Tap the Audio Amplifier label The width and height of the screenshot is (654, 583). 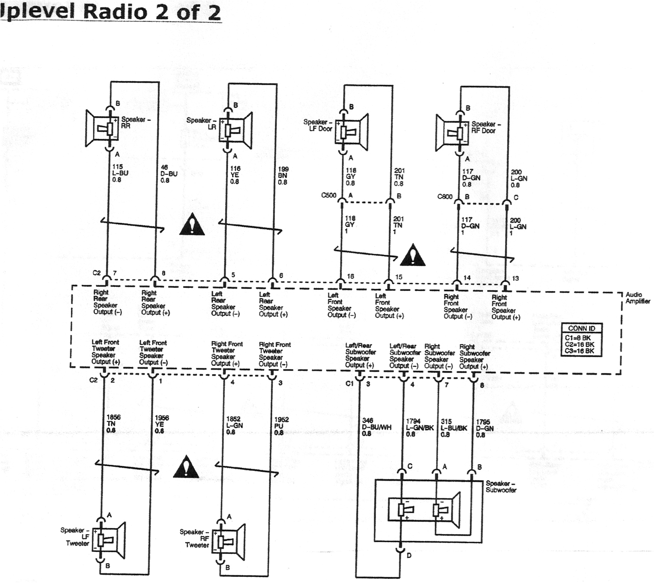pyautogui.click(x=638, y=298)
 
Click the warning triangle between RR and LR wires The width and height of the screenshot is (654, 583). pyautogui.click(x=192, y=225)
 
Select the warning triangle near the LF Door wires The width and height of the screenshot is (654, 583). pyautogui.click(x=413, y=255)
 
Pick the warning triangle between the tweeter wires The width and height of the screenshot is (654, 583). pyautogui.click(x=186, y=467)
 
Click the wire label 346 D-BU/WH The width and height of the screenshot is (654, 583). pyautogui.click(x=376, y=427)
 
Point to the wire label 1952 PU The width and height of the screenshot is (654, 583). pyautogui.click(x=281, y=426)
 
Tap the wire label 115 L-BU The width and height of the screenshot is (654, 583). pyautogui.click(x=120, y=173)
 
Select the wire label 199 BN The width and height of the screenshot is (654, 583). pyautogui.click(x=283, y=175)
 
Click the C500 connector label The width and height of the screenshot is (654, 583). pyautogui.click(x=329, y=195)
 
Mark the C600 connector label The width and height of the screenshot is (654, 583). pyautogui.click(x=445, y=196)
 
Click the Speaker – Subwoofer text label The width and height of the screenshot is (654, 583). pyautogui.click(x=500, y=487)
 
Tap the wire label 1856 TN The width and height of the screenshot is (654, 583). pyautogui.click(x=113, y=423)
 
